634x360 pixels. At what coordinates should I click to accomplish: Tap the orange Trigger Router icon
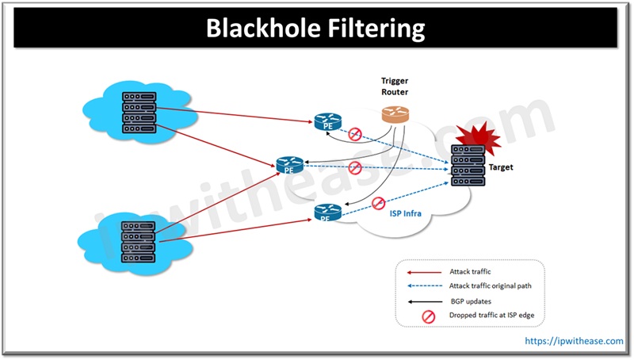pos(394,113)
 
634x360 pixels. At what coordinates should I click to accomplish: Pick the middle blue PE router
pos(288,166)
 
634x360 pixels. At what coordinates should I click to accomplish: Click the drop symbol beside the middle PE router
pos(355,167)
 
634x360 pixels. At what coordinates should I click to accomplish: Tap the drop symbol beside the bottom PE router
pos(379,203)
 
